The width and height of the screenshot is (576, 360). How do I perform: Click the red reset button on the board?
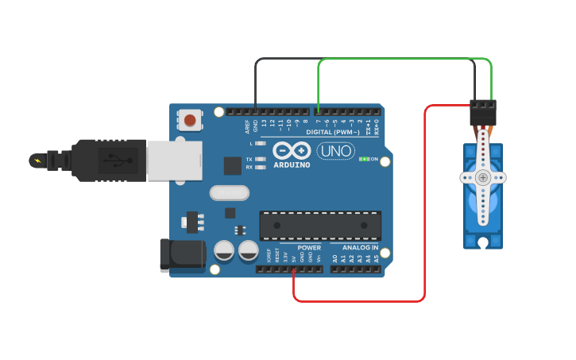click(189, 121)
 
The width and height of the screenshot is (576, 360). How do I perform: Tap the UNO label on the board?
click(335, 150)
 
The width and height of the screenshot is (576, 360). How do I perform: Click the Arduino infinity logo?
click(292, 149)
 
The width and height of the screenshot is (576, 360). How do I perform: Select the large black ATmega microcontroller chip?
click(320, 226)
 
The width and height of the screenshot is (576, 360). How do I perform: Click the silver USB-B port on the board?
click(174, 161)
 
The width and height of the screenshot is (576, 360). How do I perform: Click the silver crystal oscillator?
click(230, 193)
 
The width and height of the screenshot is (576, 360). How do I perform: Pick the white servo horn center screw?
click(483, 177)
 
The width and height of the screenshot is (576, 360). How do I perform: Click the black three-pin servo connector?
click(482, 112)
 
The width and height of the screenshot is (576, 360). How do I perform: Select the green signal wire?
click(405, 59)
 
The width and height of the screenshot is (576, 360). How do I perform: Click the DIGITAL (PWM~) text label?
click(332, 132)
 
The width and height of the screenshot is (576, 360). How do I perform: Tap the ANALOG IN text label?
click(360, 247)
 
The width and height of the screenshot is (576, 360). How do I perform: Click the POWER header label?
click(309, 247)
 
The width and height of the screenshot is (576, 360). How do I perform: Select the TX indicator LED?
click(260, 159)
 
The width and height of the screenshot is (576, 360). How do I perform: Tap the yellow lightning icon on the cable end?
click(37, 161)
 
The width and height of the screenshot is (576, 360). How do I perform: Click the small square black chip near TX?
click(232, 165)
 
